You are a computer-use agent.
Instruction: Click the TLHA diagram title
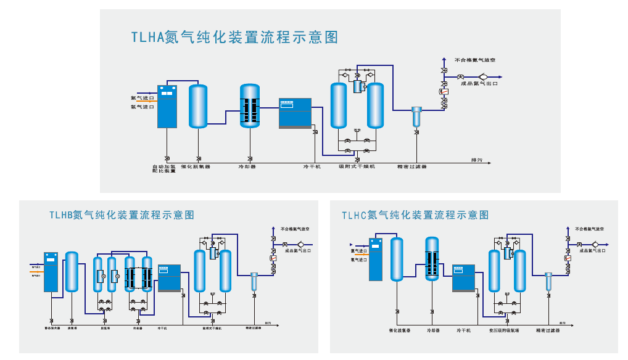point(234,38)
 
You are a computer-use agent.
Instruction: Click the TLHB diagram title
point(122,215)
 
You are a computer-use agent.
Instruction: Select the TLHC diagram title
point(415,215)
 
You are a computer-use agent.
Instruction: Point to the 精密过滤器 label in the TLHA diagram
point(412,166)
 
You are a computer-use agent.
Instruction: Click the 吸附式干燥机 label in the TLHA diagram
point(357,166)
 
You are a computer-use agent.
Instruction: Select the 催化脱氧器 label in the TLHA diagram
point(196,166)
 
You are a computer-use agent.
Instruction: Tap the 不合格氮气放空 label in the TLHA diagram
point(479,60)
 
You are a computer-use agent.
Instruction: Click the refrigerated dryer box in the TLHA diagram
point(295,113)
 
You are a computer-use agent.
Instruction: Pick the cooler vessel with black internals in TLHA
point(250,106)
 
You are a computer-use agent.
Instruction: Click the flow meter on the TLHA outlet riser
point(444,91)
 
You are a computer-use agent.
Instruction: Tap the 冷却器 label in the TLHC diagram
point(437,330)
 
